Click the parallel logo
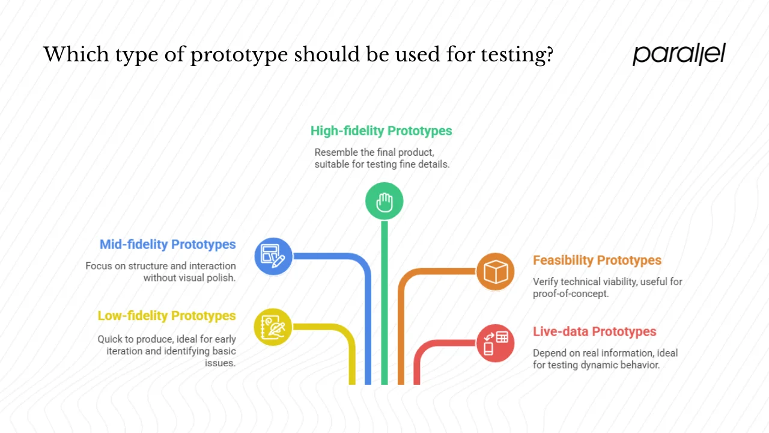point(679,54)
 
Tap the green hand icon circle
point(384,201)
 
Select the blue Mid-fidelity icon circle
point(273,256)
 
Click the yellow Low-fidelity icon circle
point(273,327)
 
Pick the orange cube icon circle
point(496,272)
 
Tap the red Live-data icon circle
point(496,343)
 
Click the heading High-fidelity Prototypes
point(381,131)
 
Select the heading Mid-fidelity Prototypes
point(168,244)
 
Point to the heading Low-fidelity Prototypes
point(166,316)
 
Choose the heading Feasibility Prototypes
point(597,260)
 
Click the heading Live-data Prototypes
point(595,331)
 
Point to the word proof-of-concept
point(571,293)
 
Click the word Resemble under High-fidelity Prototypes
point(336,152)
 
